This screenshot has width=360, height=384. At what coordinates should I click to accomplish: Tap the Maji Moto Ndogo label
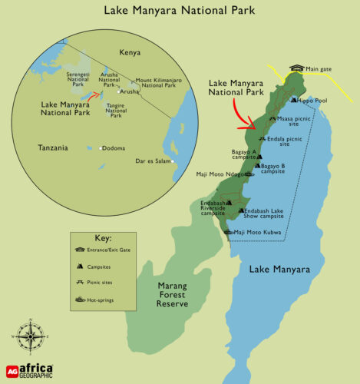pos(219,174)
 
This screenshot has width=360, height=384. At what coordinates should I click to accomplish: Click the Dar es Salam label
pos(156,161)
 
